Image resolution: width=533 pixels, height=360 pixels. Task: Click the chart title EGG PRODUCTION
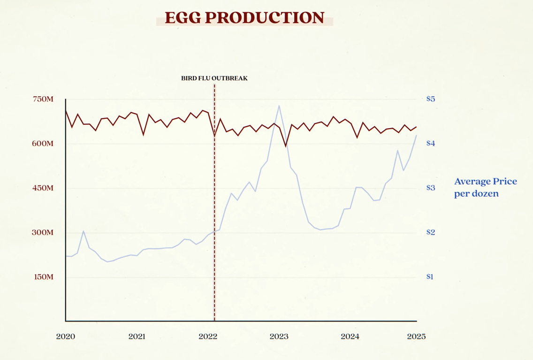pos(244,18)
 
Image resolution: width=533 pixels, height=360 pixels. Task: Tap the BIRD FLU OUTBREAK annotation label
pos(214,78)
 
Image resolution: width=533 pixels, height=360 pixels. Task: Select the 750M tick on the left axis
pos(43,99)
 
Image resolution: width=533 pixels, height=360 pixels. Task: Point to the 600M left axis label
pos(43,143)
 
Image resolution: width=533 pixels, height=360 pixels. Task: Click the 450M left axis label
pos(43,188)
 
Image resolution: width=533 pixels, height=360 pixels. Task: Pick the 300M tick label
pos(43,232)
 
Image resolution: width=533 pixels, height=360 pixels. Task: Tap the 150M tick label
pos(43,277)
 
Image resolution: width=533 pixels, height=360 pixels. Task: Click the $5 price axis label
pos(431,99)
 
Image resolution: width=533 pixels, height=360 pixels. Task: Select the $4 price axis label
pos(431,143)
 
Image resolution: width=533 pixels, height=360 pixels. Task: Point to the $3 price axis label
pos(431,188)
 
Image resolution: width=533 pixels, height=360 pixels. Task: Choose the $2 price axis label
pos(431,232)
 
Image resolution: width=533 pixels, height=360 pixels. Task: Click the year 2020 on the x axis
pos(65,337)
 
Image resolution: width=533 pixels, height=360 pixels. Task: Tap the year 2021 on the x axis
pos(137,337)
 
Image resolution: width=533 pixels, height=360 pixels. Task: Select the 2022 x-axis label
pos(208,337)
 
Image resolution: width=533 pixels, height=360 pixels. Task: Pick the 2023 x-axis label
pos(279,337)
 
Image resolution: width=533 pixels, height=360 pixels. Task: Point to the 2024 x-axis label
pos(350,337)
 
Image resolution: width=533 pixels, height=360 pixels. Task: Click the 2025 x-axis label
pos(416,337)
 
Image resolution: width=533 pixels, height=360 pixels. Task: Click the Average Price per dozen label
pos(485,187)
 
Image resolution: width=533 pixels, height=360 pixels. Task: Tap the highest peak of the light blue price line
pos(279,106)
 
